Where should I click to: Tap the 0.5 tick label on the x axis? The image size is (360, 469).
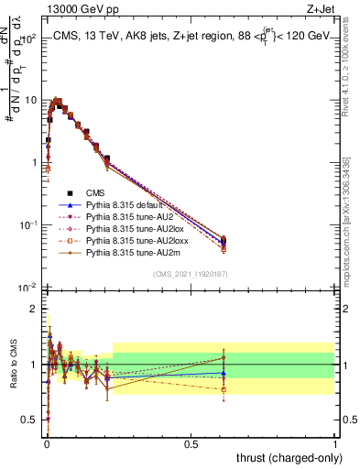click(x=190, y=443)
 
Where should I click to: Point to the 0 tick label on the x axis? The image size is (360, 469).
click(x=45, y=443)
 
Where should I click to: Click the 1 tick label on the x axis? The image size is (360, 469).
click(x=335, y=443)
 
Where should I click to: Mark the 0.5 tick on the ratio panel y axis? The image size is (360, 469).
click(x=27, y=420)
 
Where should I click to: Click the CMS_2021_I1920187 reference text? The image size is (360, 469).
click(x=190, y=275)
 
